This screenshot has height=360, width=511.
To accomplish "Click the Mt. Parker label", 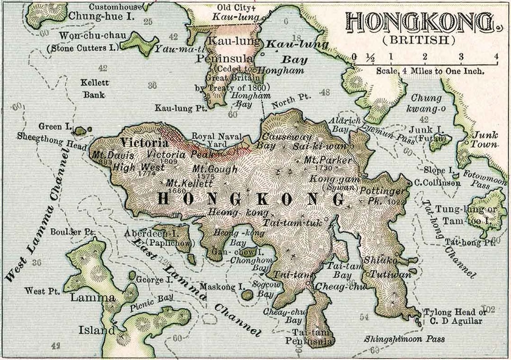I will (x=328, y=160).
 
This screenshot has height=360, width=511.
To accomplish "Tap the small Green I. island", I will (x=80, y=130).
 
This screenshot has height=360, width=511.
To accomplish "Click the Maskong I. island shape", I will (x=247, y=295).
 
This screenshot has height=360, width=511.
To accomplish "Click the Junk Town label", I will (x=486, y=140).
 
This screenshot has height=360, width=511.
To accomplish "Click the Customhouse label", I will (x=115, y=7).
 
